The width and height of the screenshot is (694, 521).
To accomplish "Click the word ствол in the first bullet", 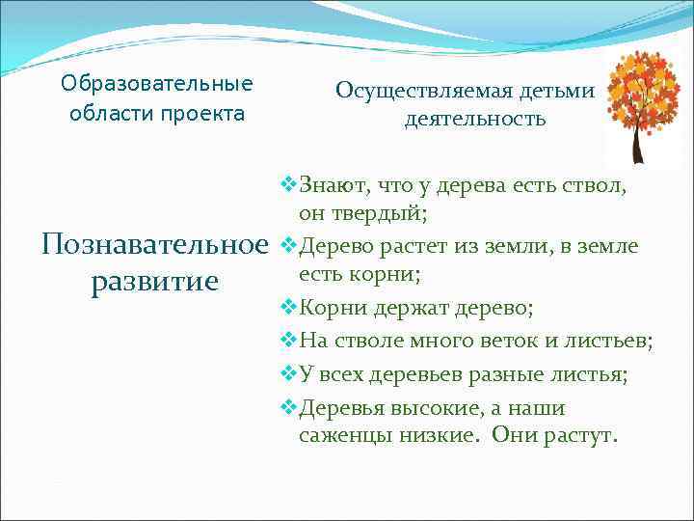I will pos(599,183).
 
